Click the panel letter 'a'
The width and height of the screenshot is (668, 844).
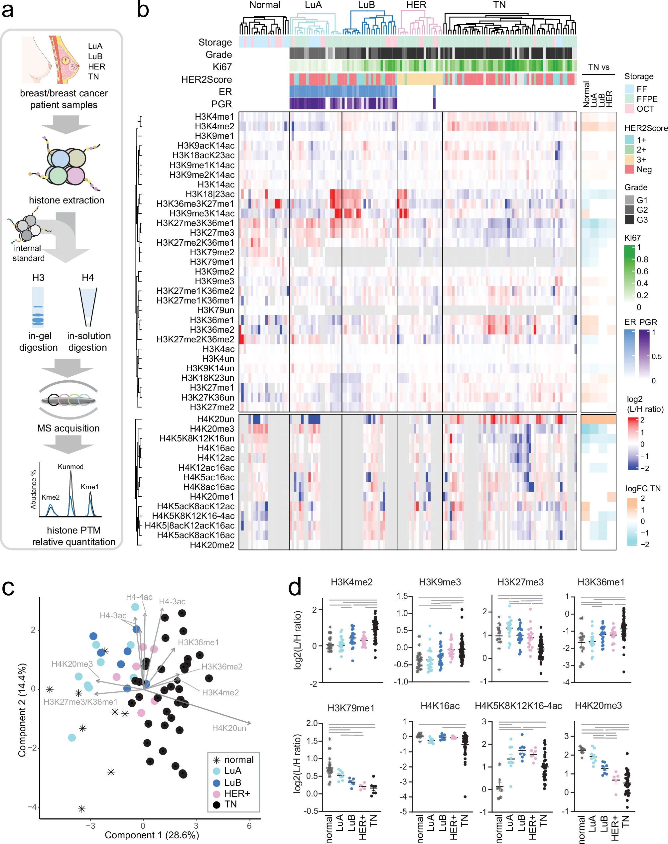(8, 11)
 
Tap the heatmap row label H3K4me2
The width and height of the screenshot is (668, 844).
(214, 126)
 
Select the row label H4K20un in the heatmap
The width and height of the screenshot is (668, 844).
(215, 419)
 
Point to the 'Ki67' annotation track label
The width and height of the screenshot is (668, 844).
(222, 67)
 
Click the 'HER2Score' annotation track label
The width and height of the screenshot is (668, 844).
(206, 80)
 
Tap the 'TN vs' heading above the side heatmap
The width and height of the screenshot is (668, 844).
(599, 67)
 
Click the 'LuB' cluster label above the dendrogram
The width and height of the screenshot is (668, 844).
(366, 5)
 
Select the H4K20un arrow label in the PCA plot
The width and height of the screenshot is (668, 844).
(229, 728)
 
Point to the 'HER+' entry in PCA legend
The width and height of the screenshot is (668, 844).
(237, 793)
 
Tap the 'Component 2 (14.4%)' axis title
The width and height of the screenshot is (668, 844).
(23, 709)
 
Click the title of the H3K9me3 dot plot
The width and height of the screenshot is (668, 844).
(440, 582)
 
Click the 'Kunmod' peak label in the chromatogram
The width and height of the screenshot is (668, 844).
(70, 466)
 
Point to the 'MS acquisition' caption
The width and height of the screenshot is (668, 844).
(68, 428)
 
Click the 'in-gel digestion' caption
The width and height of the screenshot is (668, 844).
(38, 342)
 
